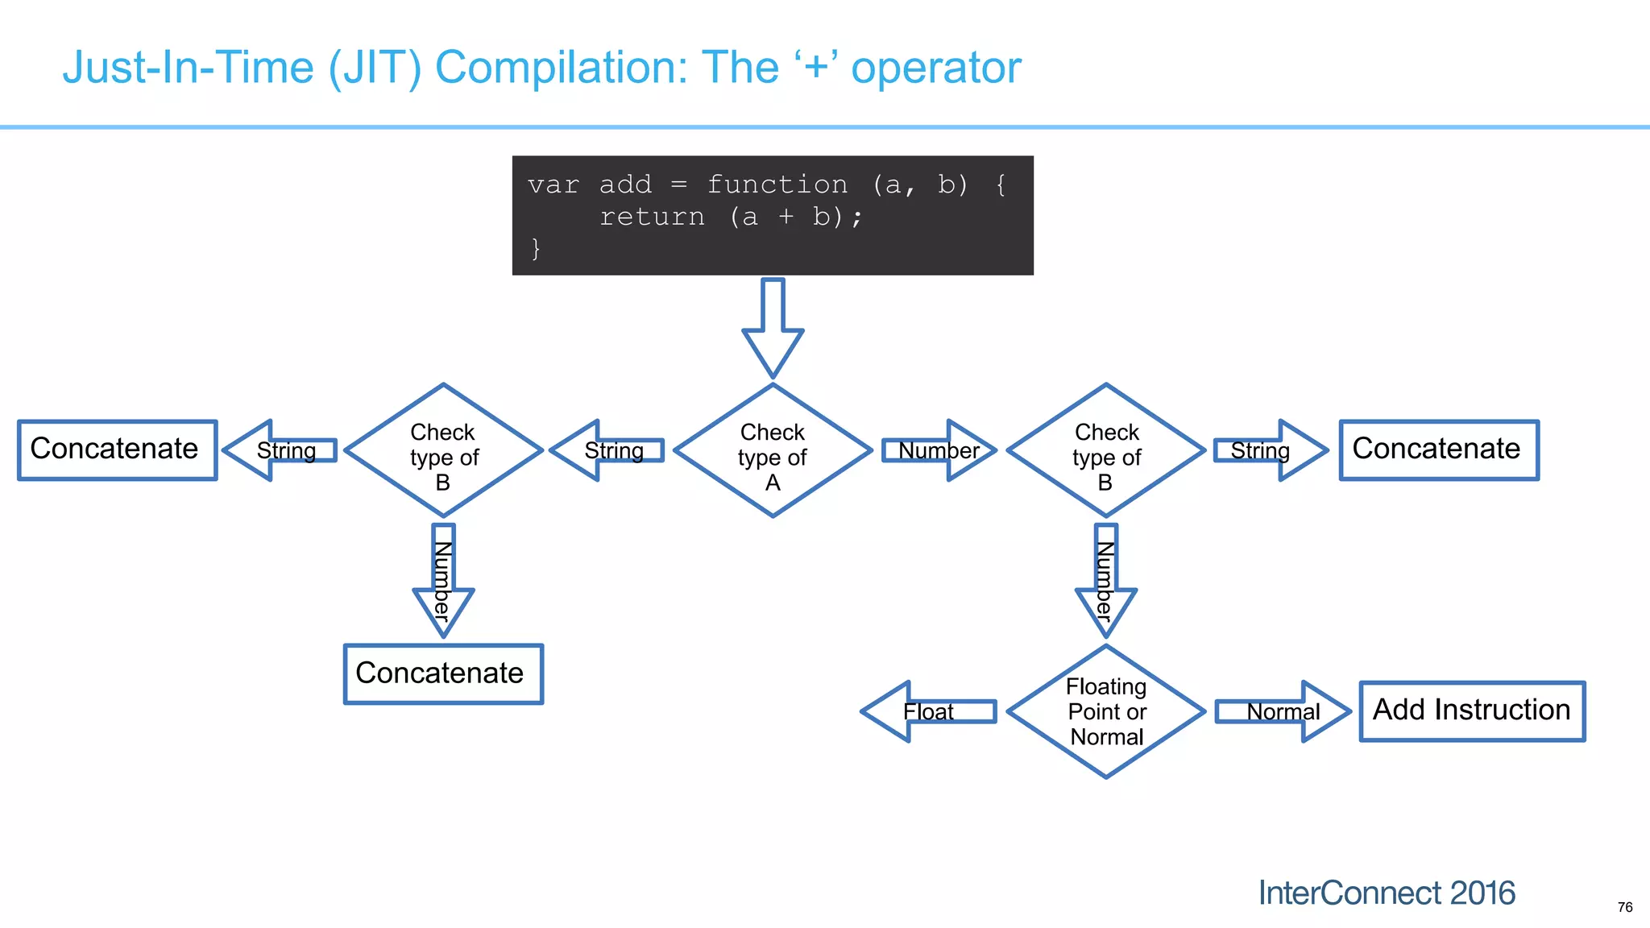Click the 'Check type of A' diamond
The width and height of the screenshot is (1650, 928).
773,451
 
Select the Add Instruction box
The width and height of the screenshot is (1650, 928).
1472,711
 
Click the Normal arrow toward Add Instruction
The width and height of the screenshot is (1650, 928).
1283,712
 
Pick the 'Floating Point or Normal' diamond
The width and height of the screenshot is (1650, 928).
1106,712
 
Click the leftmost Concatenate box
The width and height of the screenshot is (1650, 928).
118,450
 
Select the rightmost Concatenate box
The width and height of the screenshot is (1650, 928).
1439,450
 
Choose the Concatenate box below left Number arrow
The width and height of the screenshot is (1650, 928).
443,674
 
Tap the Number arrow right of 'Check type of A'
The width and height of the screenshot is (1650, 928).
939,450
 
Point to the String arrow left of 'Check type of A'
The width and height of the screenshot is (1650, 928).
608,450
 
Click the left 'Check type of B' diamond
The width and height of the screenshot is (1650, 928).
443,451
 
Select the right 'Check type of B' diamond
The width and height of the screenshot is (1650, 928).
1106,451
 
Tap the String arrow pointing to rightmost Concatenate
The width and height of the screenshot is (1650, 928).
1269,450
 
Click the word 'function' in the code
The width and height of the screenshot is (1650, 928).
777,184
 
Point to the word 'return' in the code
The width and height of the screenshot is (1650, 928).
652,217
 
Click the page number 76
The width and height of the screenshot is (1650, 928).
1624,907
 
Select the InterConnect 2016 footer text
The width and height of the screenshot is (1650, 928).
1387,893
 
